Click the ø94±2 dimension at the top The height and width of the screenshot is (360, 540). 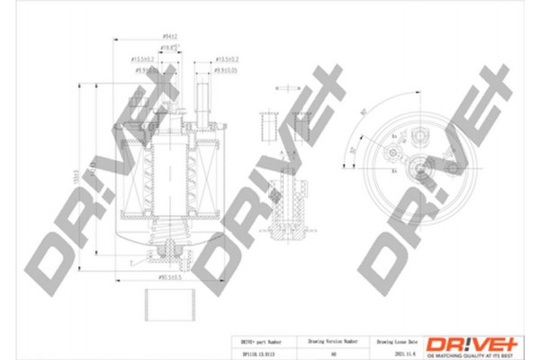169,37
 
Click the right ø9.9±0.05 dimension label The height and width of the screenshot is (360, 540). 225,69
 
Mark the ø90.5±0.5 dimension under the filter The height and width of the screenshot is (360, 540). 170,277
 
